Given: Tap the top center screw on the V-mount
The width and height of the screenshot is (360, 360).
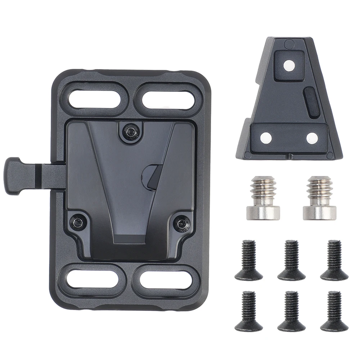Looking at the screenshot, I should point(130,131).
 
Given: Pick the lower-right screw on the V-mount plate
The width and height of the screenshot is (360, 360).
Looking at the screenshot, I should point(181,222).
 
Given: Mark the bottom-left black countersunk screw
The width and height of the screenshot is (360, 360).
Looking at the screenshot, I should point(248,311).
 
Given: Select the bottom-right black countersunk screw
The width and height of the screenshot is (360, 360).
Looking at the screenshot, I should point(333,311).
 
